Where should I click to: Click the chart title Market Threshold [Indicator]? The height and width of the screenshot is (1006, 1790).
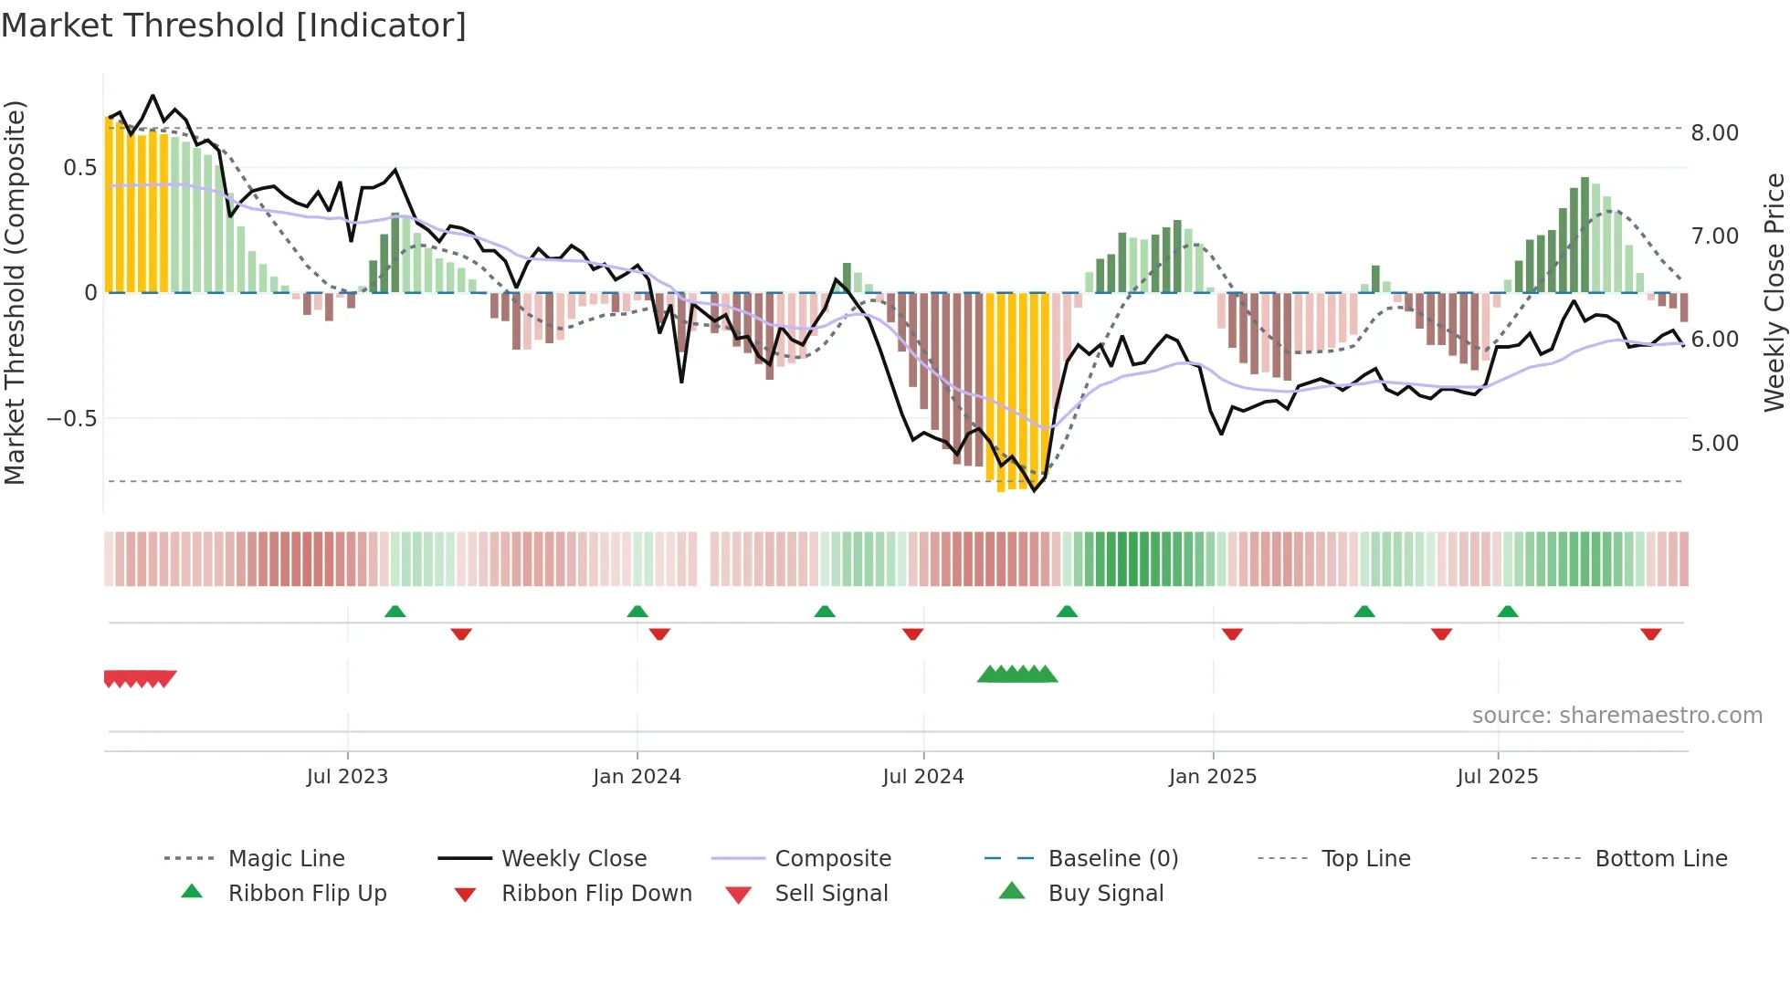pyautogui.click(x=234, y=26)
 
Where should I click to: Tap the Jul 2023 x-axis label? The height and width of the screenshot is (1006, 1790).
pyautogui.click(x=347, y=777)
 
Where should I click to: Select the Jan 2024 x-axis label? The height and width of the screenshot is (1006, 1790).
pyautogui.click(x=637, y=777)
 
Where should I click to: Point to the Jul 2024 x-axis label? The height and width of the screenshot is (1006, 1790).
pyautogui.click(x=922, y=777)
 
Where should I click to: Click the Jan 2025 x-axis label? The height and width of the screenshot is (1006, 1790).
pyautogui.click(x=1212, y=777)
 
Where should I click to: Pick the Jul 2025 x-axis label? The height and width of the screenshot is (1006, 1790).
pyautogui.click(x=1497, y=777)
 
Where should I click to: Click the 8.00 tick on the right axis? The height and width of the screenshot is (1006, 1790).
pyautogui.click(x=1714, y=133)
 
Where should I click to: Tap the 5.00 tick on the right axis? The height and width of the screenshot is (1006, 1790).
pyautogui.click(x=1714, y=444)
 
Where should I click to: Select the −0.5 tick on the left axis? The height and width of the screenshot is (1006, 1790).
pyautogui.click(x=71, y=419)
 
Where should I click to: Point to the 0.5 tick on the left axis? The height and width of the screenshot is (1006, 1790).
pyautogui.click(x=79, y=168)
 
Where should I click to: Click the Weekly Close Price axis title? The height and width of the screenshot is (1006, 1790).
pyautogui.click(x=1774, y=292)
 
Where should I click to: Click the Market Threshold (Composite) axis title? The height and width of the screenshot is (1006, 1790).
pyautogui.click(x=15, y=292)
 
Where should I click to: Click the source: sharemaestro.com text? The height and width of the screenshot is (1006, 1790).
pyautogui.click(x=1616, y=716)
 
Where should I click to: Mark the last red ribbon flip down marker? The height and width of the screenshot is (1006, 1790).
pyautogui.click(x=1650, y=634)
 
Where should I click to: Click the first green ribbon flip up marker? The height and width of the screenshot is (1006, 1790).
pyautogui.click(x=395, y=612)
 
